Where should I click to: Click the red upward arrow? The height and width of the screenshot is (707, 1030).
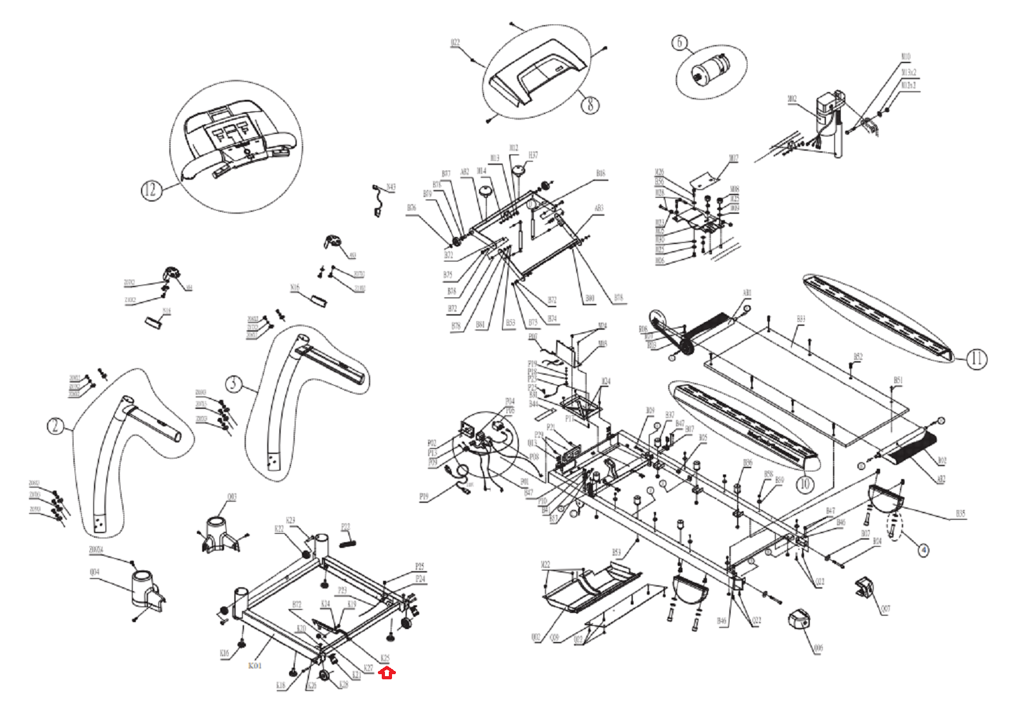[x=386, y=673]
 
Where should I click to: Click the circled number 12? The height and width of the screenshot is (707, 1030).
[x=149, y=190]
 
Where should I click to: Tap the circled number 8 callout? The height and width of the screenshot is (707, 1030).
[x=590, y=104]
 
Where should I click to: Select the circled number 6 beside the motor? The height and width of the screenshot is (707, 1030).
[x=679, y=43]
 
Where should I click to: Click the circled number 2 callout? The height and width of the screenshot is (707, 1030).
[x=55, y=426]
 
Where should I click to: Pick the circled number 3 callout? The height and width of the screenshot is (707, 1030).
[x=233, y=384]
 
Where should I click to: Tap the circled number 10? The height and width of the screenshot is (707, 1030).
[x=805, y=484]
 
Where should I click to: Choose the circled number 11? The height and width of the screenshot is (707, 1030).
[x=976, y=359]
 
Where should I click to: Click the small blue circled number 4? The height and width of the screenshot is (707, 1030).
[x=924, y=551]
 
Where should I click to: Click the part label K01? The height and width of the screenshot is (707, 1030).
[x=255, y=665]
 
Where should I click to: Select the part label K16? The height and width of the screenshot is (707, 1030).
[x=224, y=654]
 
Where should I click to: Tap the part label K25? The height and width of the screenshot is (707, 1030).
[x=384, y=658]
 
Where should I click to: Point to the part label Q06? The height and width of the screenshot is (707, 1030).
[x=818, y=648]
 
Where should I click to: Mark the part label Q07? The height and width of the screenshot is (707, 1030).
[x=885, y=608]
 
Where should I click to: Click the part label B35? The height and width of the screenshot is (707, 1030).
[x=960, y=514]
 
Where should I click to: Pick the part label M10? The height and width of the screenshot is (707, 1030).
[x=906, y=57]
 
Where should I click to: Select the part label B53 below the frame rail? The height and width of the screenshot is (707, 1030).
[x=616, y=552]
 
